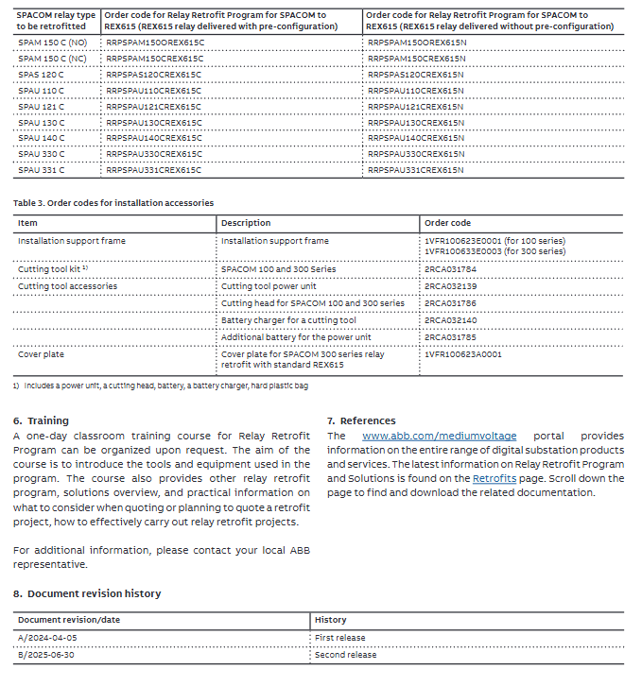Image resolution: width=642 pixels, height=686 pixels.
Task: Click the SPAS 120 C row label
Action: coord(41,74)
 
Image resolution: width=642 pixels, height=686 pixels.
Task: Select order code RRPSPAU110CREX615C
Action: coord(154,90)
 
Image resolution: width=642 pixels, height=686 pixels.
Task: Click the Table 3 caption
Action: coord(113,202)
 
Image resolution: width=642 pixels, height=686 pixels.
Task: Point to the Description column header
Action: coord(246,223)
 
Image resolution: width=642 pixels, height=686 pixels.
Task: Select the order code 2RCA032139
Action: coord(451,286)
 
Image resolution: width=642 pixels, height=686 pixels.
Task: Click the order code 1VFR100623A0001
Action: coord(463,354)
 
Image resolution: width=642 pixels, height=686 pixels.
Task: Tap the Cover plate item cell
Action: coord(42,354)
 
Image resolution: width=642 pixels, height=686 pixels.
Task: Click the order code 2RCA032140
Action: coord(451,320)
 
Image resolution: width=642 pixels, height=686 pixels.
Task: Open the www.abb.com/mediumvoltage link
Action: coord(439,436)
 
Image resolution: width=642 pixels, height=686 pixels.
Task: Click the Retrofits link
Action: coord(495,479)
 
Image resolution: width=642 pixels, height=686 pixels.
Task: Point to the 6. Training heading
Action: coord(41,420)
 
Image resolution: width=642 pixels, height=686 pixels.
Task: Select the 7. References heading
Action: coord(361,420)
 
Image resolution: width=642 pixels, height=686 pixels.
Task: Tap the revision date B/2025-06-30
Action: coord(46,654)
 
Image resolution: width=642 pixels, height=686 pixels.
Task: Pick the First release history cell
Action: coord(339,638)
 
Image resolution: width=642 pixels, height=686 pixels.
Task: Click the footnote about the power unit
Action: coord(161,386)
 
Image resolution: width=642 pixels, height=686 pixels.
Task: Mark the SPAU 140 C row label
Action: coord(41,138)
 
